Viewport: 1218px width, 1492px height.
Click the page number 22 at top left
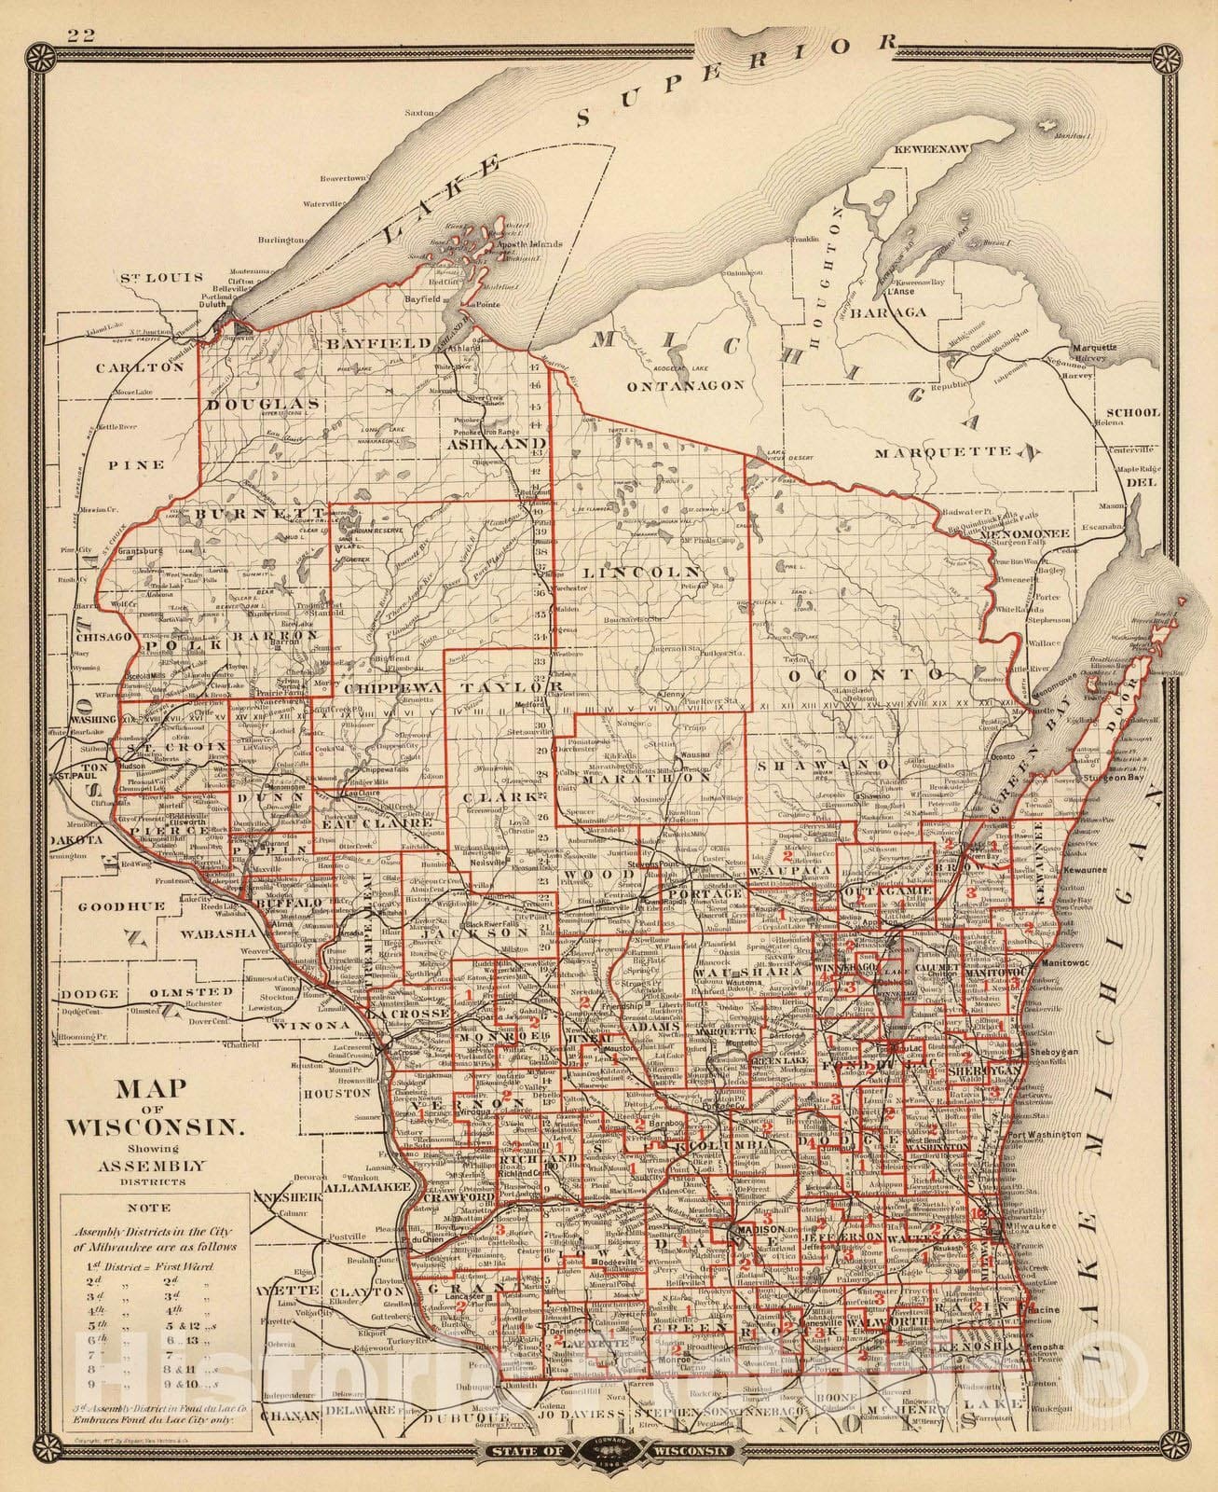(x=80, y=35)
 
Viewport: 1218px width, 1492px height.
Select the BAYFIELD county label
(x=377, y=343)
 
